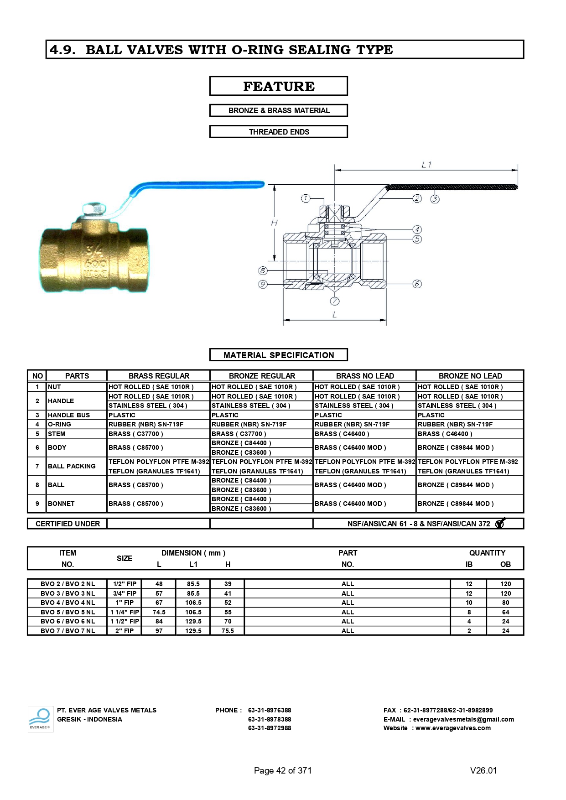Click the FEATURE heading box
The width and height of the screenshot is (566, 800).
pos(278,86)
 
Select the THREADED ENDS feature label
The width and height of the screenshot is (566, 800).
pos(278,132)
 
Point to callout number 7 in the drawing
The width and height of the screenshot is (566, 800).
pos(335,301)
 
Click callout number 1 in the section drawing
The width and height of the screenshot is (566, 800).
pos(306,198)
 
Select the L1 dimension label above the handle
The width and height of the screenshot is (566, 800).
pos(426,165)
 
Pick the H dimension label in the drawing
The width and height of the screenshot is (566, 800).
pos(274,223)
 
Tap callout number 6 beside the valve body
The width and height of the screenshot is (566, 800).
pos(417,284)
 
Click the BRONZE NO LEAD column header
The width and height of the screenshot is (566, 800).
pos(470,376)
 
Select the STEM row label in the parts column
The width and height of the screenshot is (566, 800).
pos(57,434)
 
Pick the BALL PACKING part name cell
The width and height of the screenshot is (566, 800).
pos(72,466)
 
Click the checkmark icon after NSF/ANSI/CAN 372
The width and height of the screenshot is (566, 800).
pos(500,523)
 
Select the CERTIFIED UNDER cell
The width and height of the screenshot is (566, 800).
pos(68,524)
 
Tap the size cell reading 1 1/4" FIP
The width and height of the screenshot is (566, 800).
pos(125,612)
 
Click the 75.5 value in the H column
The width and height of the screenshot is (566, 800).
pos(228,631)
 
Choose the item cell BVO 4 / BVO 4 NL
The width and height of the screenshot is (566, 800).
pos(68,603)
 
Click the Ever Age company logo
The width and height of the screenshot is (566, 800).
pos(40,719)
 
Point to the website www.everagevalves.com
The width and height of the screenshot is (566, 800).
pos(452,728)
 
